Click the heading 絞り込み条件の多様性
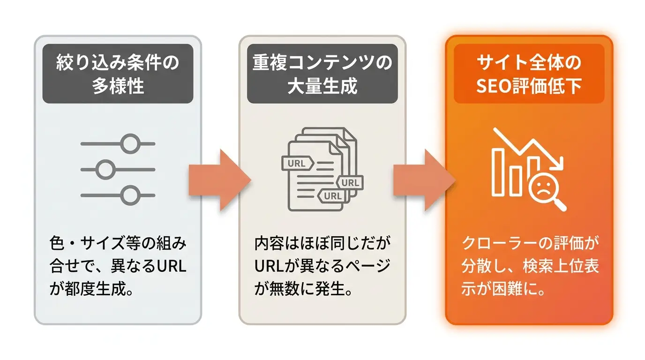(x=118, y=74)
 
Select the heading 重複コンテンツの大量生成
(x=322, y=74)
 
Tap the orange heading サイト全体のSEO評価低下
(x=529, y=74)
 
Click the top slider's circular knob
(x=130, y=143)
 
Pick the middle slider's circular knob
(x=105, y=169)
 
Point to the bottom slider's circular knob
(x=130, y=195)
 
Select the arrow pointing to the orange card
(x=424, y=180)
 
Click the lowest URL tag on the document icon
(x=333, y=196)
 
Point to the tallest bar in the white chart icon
(x=498, y=172)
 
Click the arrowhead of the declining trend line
(x=560, y=165)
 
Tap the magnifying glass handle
(x=560, y=205)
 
